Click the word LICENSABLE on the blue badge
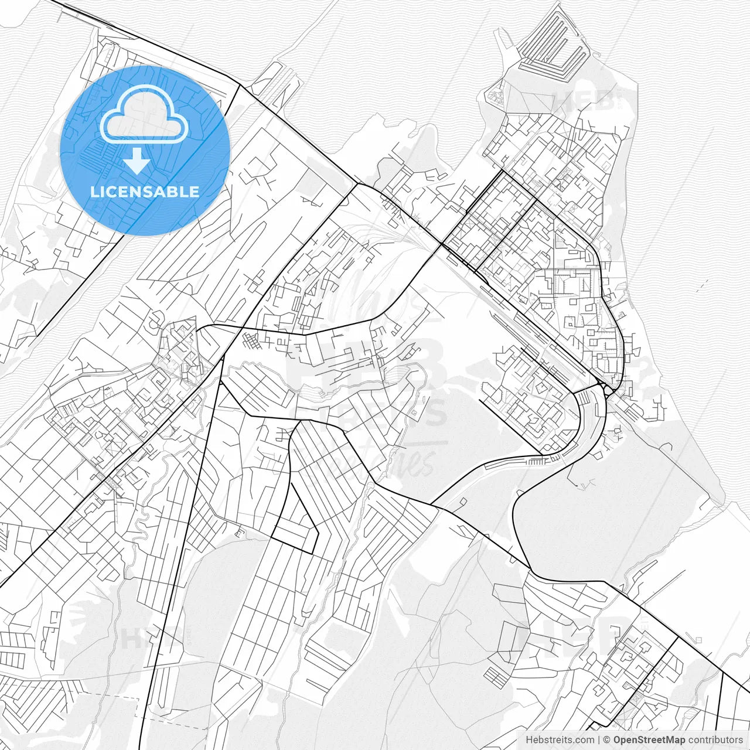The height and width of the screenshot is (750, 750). tap(145, 192)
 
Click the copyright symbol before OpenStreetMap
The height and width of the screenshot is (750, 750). tap(607, 740)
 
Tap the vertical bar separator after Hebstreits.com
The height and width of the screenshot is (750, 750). tap(598, 740)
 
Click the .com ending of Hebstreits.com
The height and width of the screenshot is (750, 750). tap(584, 740)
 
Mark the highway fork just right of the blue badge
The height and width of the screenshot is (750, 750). tap(239, 86)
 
